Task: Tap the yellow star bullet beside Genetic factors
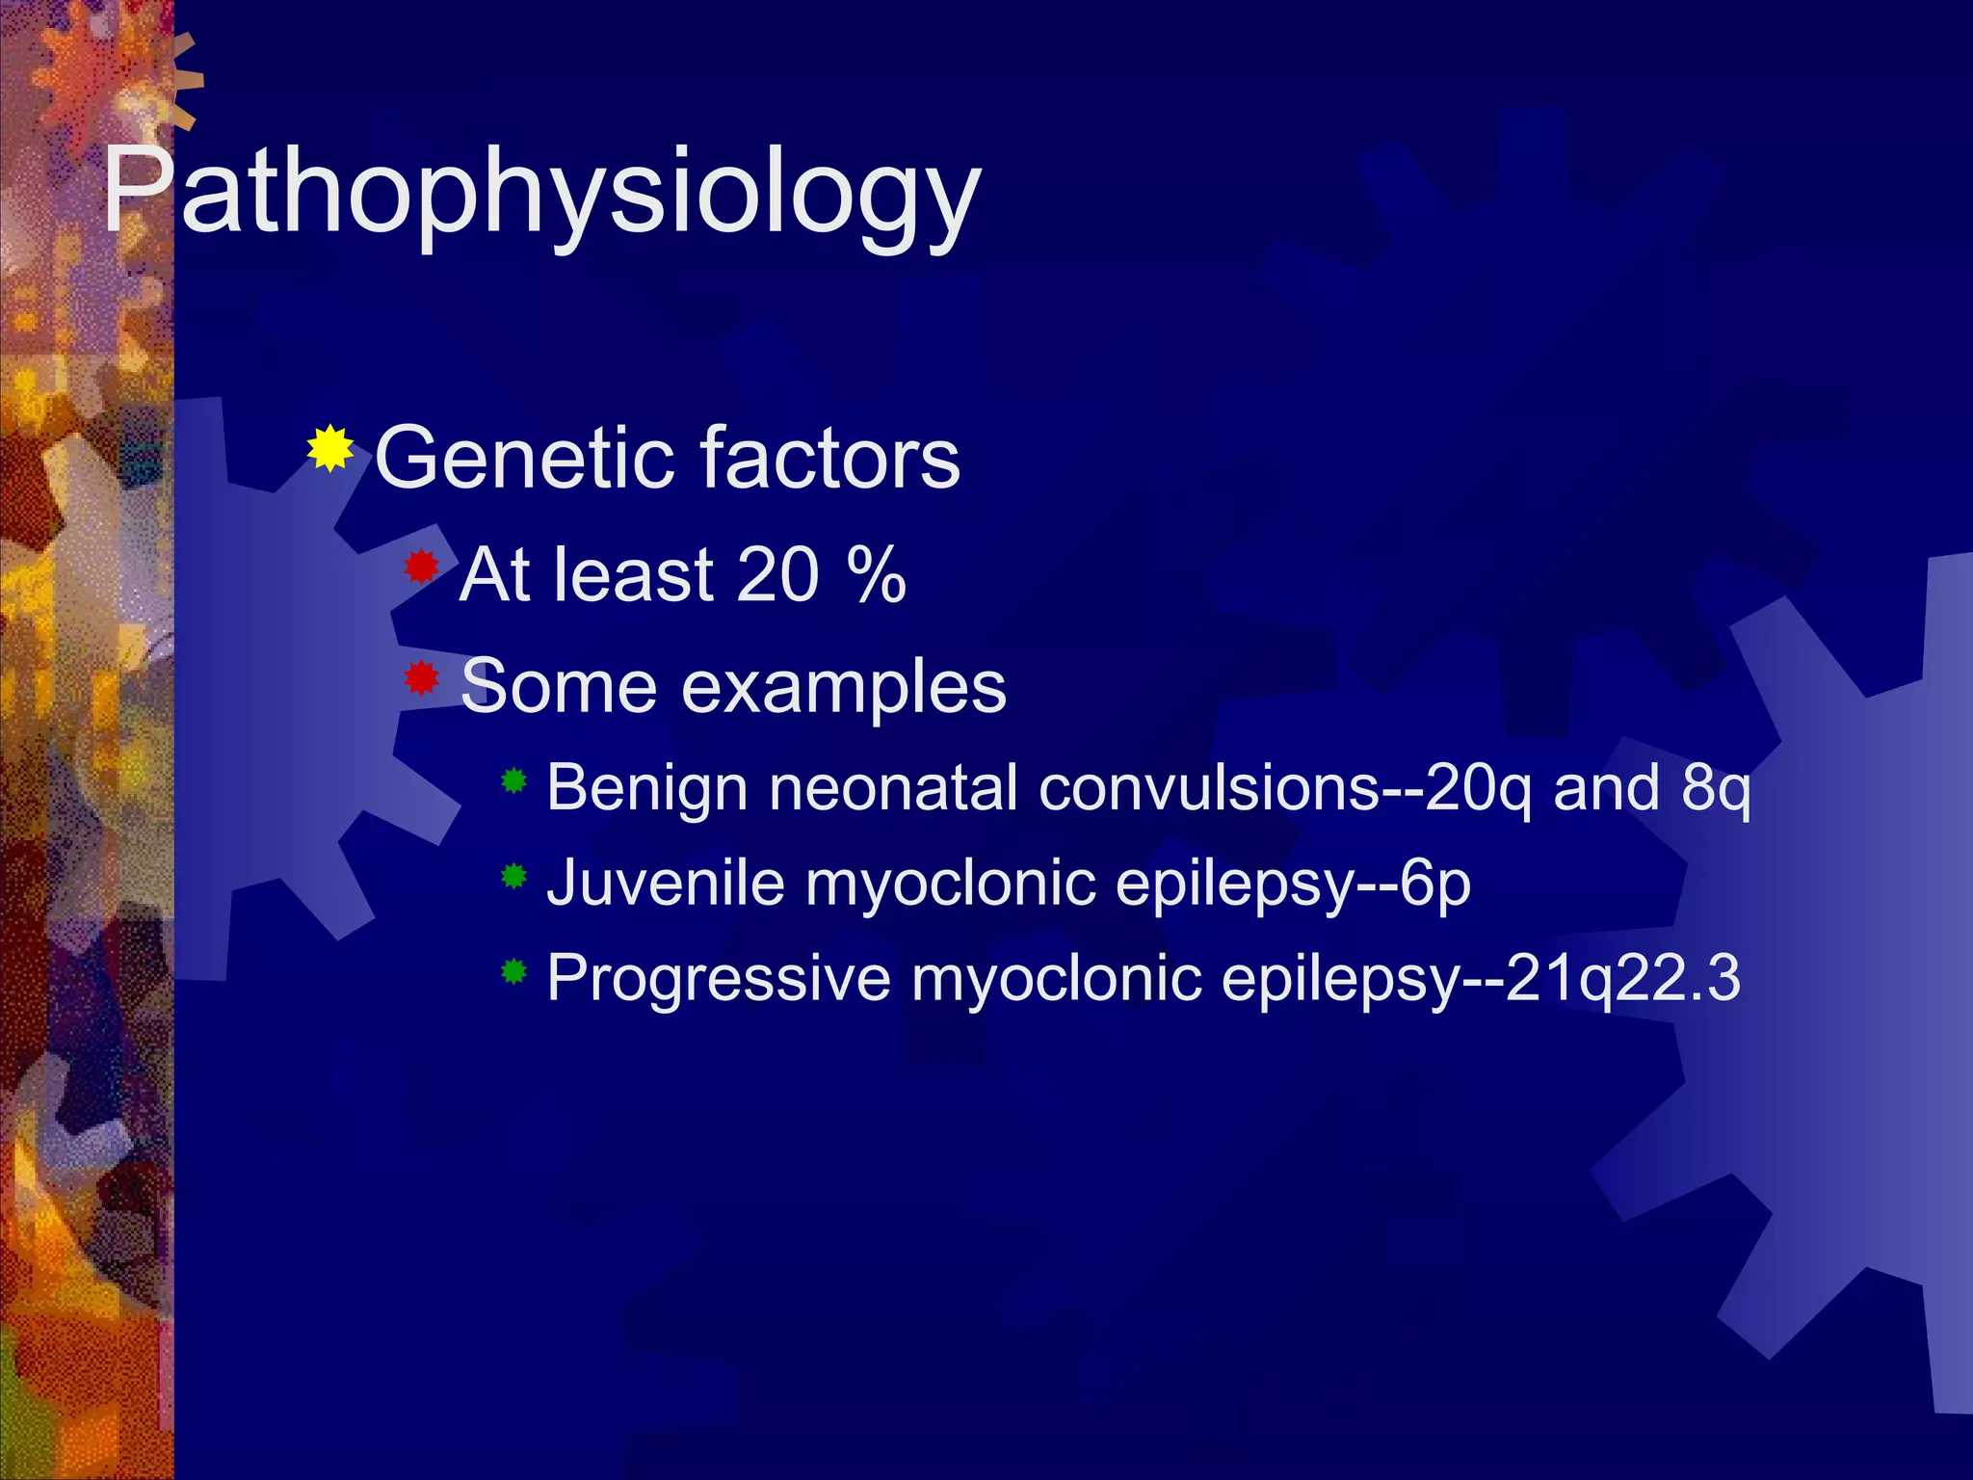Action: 330,448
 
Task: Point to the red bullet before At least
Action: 421,568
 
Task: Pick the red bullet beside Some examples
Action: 421,678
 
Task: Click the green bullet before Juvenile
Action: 514,876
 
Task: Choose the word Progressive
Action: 719,978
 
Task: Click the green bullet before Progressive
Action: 514,971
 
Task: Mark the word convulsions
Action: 1209,788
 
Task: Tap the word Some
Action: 558,687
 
